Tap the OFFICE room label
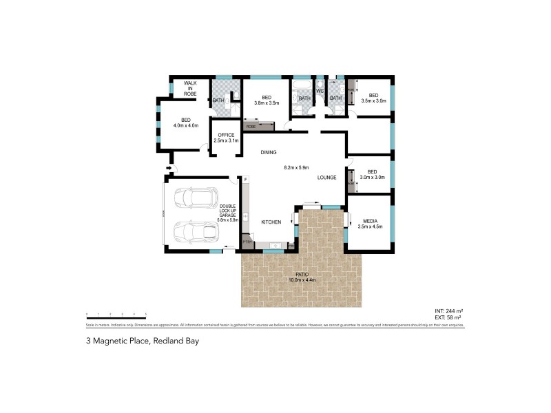click(x=226, y=135)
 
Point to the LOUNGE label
click(x=326, y=178)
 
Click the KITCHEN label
click(x=271, y=222)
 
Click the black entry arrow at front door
click(x=168, y=167)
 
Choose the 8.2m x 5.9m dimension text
click(x=296, y=167)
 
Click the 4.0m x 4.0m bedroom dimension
click(x=185, y=126)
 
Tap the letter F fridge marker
click(x=245, y=180)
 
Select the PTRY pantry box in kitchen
click(x=247, y=243)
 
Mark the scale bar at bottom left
click(x=116, y=313)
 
